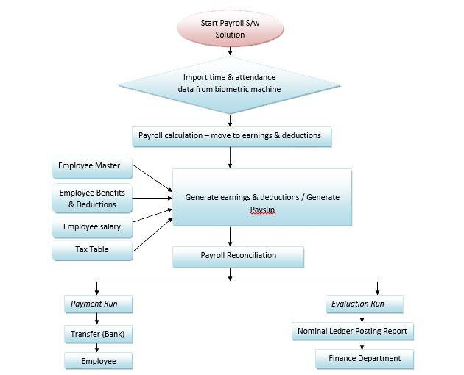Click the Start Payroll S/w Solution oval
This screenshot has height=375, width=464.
click(231, 29)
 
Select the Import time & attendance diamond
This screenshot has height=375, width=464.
click(231, 84)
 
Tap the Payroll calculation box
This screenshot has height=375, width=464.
click(231, 136)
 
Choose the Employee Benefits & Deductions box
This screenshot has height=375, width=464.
click(92, 199)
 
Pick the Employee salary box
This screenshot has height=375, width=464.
click(91, 227)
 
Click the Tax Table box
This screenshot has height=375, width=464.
click(91, 250)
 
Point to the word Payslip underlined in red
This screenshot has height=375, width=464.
click(261, 210)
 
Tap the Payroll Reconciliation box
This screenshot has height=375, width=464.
click(238, 256)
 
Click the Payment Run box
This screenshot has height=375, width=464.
click(99, 304)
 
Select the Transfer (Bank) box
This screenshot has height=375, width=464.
click(99, 334)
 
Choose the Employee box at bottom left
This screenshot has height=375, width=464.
click(99, 361)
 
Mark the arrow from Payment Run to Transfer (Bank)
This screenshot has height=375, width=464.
click(99, 318)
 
